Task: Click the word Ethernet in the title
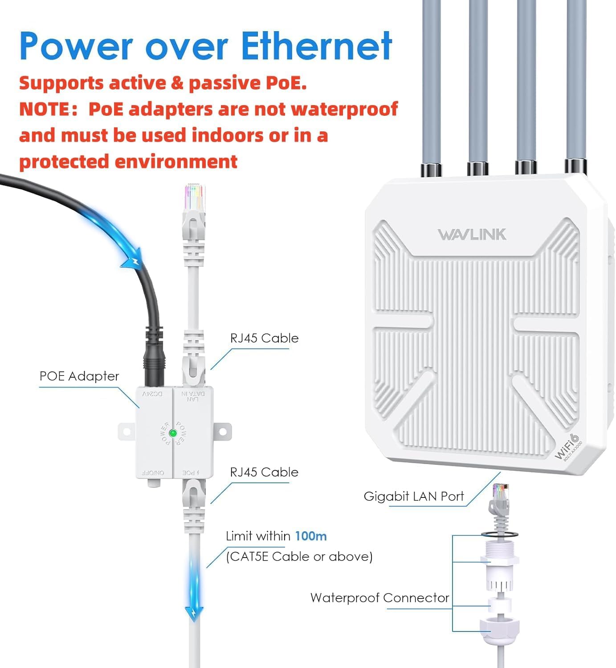316,46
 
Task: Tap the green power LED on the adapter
173,433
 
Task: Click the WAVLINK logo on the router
472,234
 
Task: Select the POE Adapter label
79,376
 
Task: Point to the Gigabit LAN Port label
414,497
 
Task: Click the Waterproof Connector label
379,598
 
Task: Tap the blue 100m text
311,536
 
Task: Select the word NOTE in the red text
45,109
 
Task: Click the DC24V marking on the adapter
153,394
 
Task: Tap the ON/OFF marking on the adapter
153,472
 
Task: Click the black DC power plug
154,356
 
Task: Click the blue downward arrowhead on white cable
194,614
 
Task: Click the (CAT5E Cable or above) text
299,557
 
